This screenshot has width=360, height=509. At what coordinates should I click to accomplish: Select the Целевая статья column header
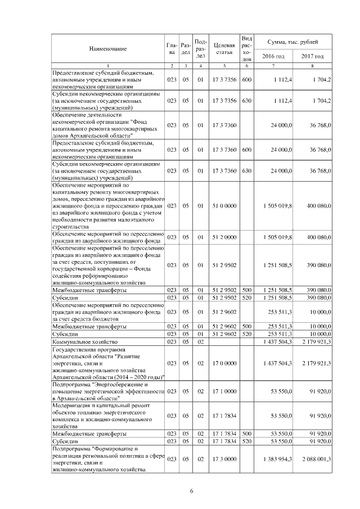point(224,48)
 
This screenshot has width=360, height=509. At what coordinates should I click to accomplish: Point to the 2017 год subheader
point(312,56)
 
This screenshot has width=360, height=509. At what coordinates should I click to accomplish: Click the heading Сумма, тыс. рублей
point(293,42)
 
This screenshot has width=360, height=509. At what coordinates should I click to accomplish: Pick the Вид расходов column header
point(246,48)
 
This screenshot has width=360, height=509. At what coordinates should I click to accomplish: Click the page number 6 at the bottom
point(192,491)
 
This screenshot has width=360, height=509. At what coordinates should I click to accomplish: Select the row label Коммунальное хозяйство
point(84,341)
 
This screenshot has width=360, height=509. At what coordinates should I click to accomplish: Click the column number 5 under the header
point(224,66)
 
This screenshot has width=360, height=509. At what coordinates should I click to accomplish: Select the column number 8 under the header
point(312,66)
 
